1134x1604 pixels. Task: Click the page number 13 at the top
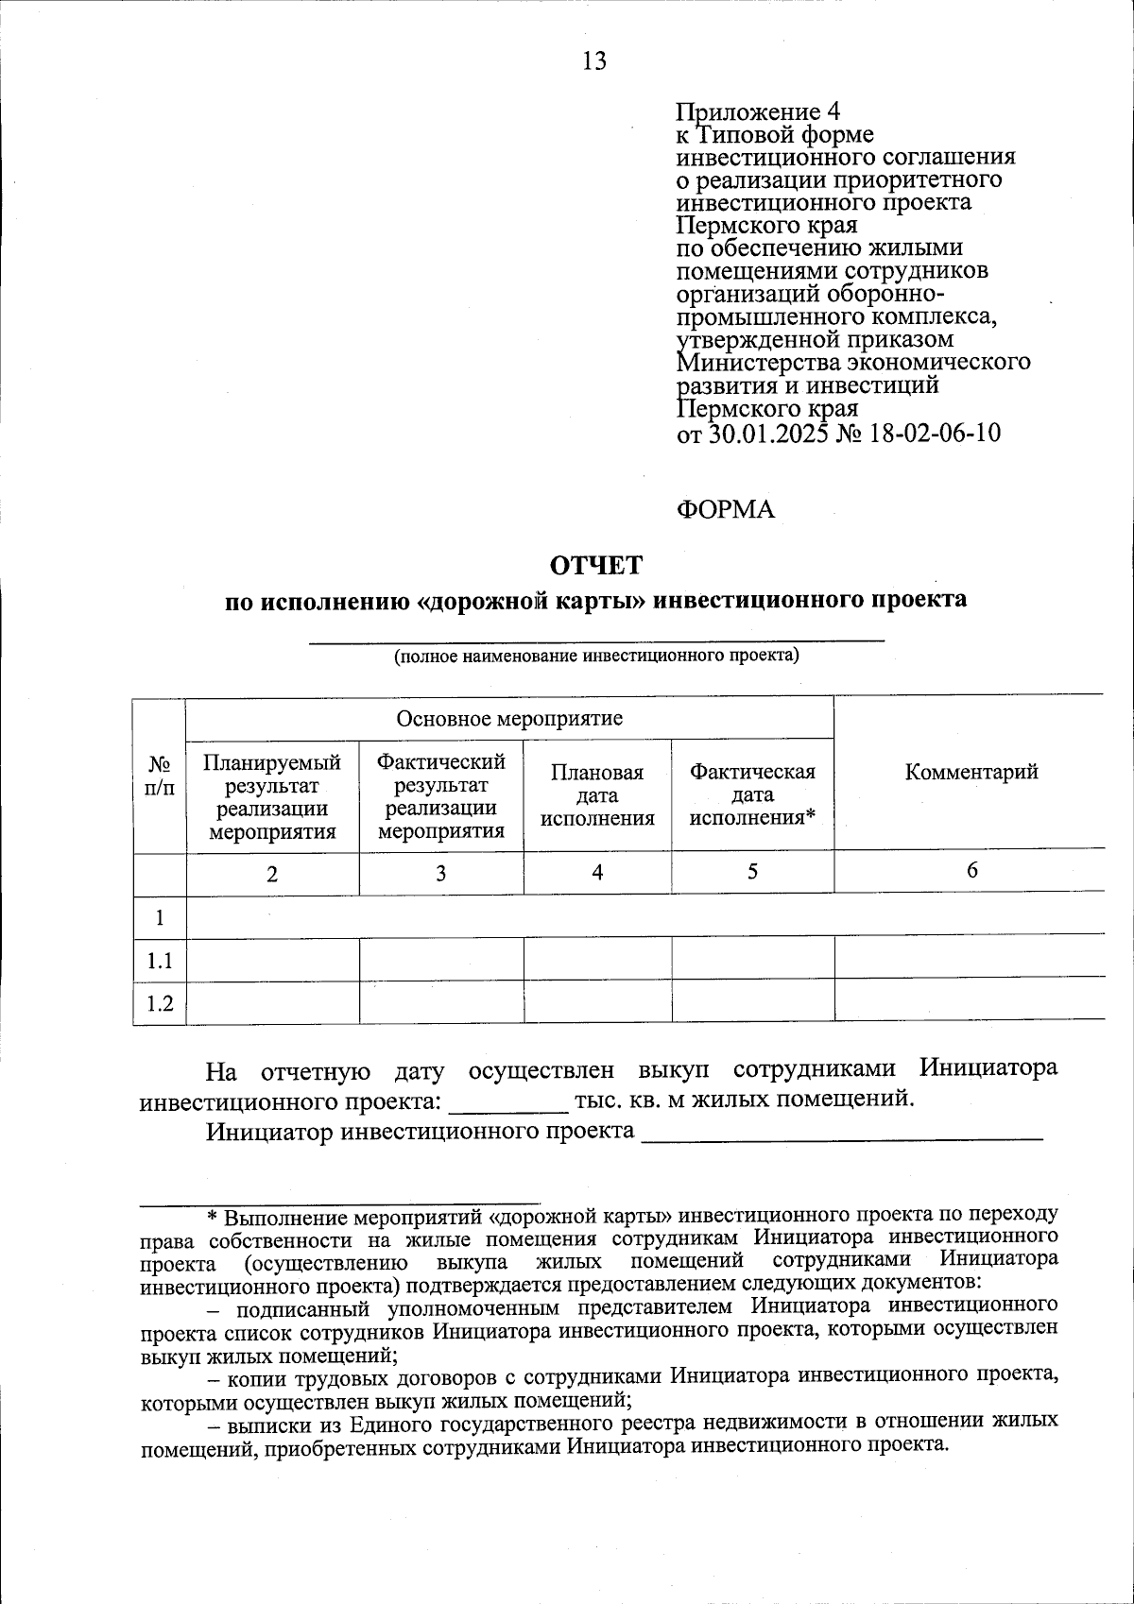594,61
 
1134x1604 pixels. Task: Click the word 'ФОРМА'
725,509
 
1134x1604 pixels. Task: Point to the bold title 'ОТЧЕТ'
596,565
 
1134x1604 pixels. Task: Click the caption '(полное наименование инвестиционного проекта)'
596,655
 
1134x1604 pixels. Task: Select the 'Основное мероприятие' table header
509,719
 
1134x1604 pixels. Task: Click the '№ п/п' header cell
160,775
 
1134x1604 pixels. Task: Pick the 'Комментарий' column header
971,772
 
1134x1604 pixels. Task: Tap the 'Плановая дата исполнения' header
597,794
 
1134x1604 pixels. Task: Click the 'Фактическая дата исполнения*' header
752,794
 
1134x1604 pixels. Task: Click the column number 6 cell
971,871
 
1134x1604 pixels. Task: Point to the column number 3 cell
440,874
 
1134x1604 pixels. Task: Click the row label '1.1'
160,961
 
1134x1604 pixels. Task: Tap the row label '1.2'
160,1003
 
